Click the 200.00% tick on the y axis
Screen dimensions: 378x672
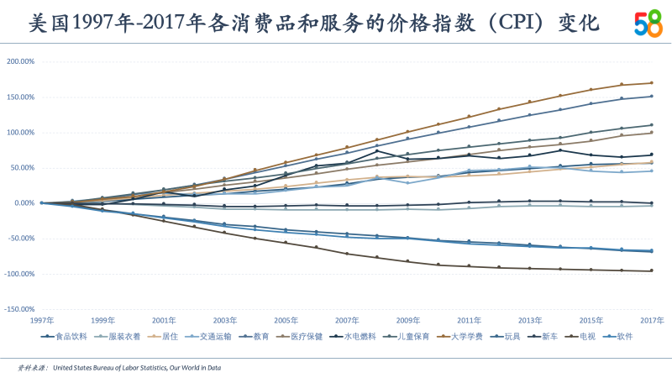[x=21, y=61]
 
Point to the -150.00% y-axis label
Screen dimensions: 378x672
[x=19, y=309]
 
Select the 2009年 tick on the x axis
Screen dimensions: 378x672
[x=407, y=321]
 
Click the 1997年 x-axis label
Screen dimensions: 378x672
[x=42, y=321]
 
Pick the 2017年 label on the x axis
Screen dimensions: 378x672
[x=652, y=321]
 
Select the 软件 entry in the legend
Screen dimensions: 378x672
[x=623, y=336]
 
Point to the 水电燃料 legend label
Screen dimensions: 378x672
[x=360, y=336]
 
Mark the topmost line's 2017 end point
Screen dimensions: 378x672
[x=652, y=82]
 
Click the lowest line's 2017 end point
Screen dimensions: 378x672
[x=652, y=270]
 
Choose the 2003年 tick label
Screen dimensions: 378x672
[x=225, y=321]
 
